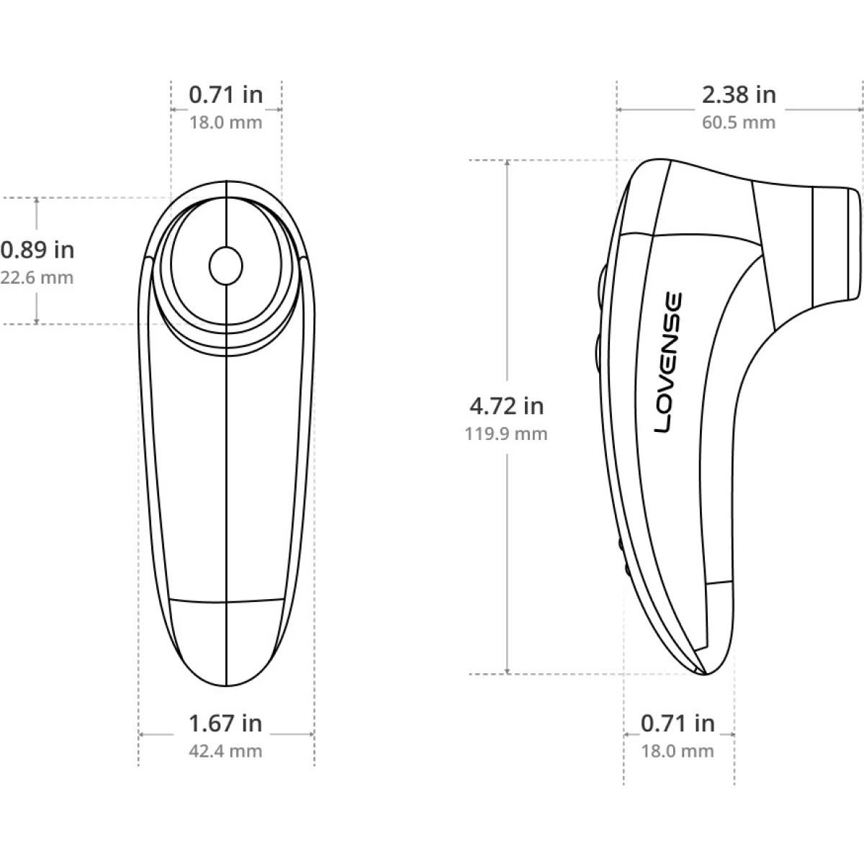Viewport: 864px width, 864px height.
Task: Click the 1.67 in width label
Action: click(225, 723)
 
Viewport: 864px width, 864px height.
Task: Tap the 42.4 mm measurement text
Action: click(225, 752)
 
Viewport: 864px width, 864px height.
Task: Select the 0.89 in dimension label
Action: click(37, 251)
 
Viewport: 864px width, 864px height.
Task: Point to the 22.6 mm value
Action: click(37, 277)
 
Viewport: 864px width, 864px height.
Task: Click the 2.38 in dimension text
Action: click(739, 94)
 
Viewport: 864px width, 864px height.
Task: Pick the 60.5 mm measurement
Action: click(739, 122)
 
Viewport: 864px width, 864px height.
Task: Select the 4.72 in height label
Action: click(506, 407)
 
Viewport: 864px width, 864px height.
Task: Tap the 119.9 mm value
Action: click(506, 434)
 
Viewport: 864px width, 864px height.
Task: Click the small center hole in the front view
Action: click(226, 266)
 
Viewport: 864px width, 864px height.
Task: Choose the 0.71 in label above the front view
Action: click(225, 94)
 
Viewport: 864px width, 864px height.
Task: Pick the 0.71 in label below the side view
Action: click(678, 723)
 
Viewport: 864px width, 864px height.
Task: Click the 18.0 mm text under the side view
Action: click(678, 752)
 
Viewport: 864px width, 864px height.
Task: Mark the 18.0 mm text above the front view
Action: click(225, 122)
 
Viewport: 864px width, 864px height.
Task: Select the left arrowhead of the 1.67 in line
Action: click(143, 734)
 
